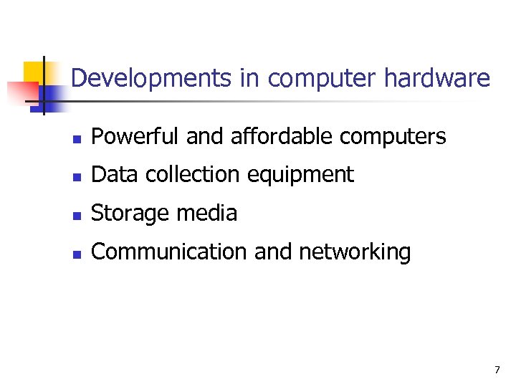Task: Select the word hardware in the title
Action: [437, 78]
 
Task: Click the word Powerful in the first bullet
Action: [136, 136]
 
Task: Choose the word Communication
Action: [162, 252]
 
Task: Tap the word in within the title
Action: [249, 78]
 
